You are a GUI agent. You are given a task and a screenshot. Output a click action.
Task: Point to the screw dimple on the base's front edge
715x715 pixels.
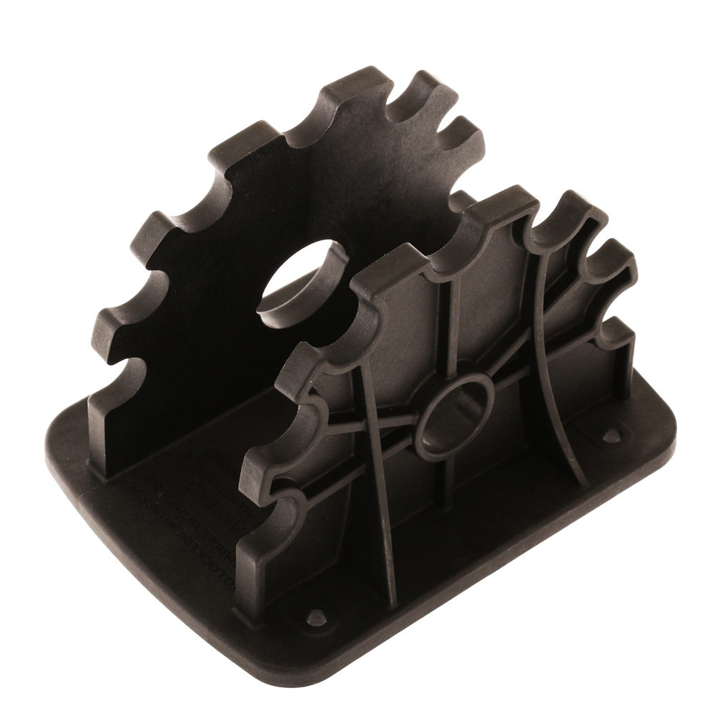[x=315, y=616]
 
